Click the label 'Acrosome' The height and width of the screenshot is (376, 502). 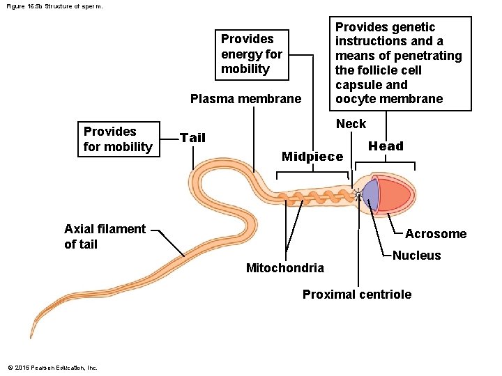(x=435, y=234)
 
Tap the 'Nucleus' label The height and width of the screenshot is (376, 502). (x=416, y=256)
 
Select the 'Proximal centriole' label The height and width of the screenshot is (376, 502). (x=356, y=295)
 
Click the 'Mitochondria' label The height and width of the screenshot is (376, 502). (x=284, y=268)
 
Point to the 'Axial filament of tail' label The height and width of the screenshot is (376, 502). (x=105, y=237)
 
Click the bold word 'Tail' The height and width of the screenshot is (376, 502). (x=192, y=138)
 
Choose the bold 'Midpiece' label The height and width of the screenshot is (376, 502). (x=312, y=157)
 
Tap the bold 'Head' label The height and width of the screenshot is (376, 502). (x=386, y=146)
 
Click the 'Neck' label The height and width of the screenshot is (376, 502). (x=351, y=124)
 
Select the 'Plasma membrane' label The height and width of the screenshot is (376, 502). (x=245, y=99)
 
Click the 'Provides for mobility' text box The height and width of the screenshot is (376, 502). (x=117, y=139)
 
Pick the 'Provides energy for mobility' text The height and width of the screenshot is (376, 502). (x=252, y=54)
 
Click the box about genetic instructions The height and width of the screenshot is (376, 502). (x=398, y=63)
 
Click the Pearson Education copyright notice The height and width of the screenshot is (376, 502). (x=52, y=367)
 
